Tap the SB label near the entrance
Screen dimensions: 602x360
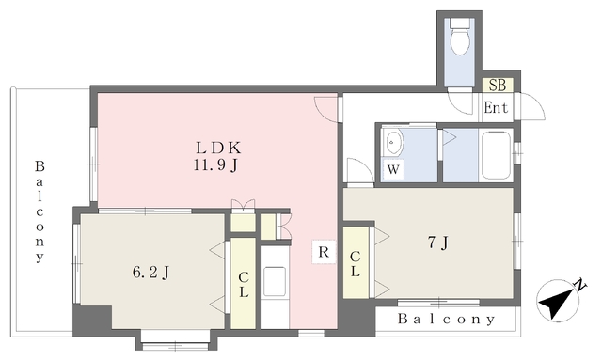coord(498,85)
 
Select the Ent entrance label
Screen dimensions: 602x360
coord(496,107)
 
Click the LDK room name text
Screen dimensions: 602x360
coord(218,148)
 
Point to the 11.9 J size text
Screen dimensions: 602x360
coord(215,165)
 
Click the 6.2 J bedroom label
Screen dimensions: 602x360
coord(150,273)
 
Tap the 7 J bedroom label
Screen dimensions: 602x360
coord(437,243)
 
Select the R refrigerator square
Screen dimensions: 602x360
coord(324,252)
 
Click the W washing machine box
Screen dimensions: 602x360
coord(393,169)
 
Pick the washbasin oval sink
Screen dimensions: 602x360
coord(392,143)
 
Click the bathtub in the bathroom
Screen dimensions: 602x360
coord(496,155)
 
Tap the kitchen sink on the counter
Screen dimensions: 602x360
coord(275,281)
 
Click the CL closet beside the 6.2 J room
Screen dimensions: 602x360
coord(243,284)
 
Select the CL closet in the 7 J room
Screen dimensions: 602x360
coord(356,263)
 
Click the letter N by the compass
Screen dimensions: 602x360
coord(580,286)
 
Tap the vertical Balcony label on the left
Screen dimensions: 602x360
coord(40,211)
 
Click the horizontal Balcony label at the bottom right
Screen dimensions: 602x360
coord(446,319)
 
